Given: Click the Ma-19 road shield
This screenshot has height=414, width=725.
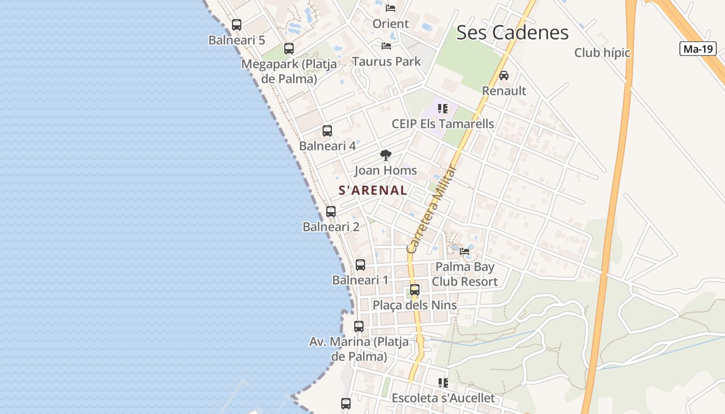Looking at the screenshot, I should (x=698, y=49).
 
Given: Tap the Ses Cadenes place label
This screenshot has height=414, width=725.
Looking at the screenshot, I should (x=512, y=33).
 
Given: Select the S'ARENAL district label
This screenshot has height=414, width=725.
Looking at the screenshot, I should (x=373, y=190).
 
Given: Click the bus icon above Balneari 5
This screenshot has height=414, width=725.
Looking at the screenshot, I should (x=237, y=24).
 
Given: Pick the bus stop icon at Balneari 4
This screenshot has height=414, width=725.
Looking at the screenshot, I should (x=327, y=130).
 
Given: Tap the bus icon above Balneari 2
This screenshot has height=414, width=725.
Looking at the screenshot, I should (x=331, y=211).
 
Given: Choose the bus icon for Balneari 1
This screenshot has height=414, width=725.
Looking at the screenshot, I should (x=360, y=264).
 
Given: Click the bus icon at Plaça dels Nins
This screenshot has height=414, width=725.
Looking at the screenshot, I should (x=415, y=290).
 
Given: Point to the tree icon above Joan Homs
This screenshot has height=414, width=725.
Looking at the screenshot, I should (x=385, y=155).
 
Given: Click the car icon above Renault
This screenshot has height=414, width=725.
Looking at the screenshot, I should (x=504, y=76).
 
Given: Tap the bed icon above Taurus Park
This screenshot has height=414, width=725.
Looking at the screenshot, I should (x=386, y=46).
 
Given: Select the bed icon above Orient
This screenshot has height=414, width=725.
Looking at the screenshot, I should (x=390, y=8).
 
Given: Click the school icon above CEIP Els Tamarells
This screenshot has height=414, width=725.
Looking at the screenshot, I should (x=443, y=109).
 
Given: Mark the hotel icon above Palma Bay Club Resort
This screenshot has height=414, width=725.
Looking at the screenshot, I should (x=465, y=252).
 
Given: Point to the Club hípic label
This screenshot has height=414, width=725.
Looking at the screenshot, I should (x=602, y=53).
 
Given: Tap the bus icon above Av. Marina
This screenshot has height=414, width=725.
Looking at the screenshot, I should (x=359, y=327).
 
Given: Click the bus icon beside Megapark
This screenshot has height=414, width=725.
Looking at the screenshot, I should (x=289, y=49).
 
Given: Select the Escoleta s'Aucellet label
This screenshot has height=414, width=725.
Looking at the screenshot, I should (x=443, y=398).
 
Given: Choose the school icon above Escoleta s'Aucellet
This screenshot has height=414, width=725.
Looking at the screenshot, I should (x=443, y=383).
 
